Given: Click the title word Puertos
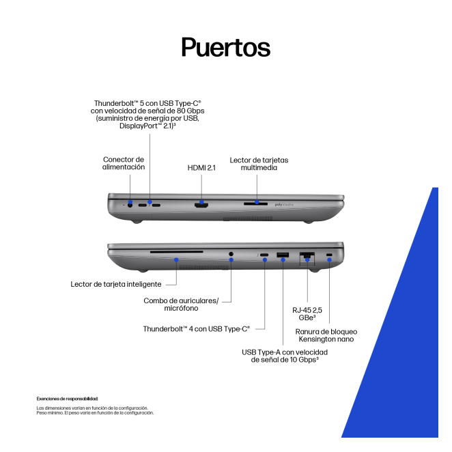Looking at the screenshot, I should pyautogui.click(x=226, y=47).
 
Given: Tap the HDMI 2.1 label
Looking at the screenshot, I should pyautogui.click(x=201, y=167).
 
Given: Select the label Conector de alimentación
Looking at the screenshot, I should pyautogui.click(x=124, y=163).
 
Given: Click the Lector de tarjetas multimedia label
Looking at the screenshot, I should pyautogui.click(x=259, y=163).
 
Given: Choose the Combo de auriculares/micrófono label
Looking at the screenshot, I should pyautogui.click(x=181, y=305).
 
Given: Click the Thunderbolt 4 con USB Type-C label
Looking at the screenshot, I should pyautogui.click(x=196, y=328).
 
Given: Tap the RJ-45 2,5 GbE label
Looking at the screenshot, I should pyautogui.click(x=308, y=313).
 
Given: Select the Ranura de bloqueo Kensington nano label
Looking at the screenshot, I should pyautogui.click(x=326, y=335).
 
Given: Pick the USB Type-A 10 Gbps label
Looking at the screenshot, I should pyautogui.click(x=285, y=356).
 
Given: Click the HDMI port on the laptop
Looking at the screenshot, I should pyautogui.click(x=201, y=204).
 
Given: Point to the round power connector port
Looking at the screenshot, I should pyautogui.click(x=130, y=203).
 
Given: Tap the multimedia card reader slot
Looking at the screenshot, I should pyautogui.click(x=256, y=202).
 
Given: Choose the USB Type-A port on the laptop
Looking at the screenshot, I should pyautogui.click(x=282, y=255).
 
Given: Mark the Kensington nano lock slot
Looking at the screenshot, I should pyautogui.click(x=330, y=255).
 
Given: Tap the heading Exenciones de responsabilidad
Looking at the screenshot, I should pyautogui.click(x=67, y=398).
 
